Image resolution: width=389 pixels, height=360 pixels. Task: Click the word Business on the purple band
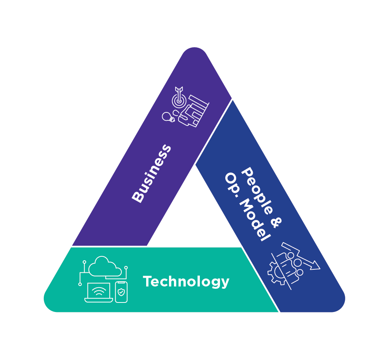(x=151, y=173)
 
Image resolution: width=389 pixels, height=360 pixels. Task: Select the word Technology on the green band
(x=186, y=282)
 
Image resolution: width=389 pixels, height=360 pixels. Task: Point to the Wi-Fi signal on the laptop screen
(x=99, y=291)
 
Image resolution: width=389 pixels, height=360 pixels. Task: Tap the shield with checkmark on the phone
(x=121, y=292)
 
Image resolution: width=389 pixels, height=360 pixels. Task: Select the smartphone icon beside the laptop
(x=121, y=292)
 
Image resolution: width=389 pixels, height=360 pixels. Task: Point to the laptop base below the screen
(x=99, y=300)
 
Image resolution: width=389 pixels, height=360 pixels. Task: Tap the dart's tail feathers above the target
(x=179, y=90)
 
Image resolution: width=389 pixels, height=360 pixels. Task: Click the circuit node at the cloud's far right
(x=126, y=268)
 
